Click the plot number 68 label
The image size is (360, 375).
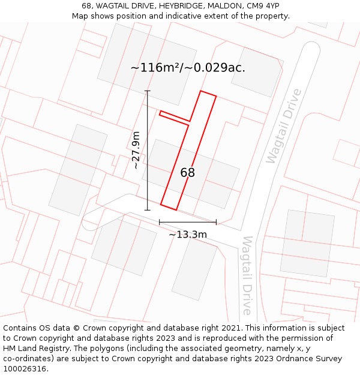[187, 173]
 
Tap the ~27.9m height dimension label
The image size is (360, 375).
[136, 150]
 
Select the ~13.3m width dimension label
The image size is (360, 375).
[188, 235]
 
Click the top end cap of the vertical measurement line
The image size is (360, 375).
[148, 91]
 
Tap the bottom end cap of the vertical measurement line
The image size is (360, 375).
[148, 210]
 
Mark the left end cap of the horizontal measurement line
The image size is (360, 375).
[160, 222]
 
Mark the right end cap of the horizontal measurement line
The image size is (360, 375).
[216, 222]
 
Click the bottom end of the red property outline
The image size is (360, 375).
[169, 207]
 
